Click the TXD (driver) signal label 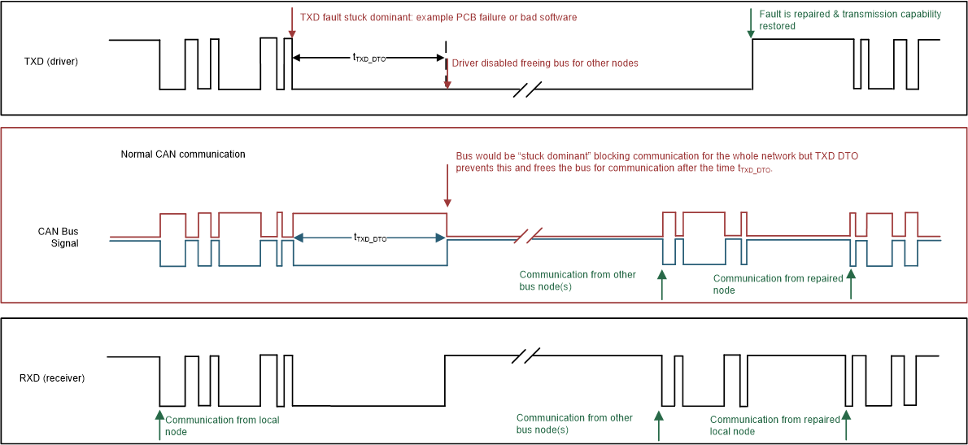pos(51,61)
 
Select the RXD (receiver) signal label pos(52,378)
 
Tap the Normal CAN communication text pos(183,155)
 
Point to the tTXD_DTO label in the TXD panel pos(368,58)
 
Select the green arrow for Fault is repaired pos(750,23)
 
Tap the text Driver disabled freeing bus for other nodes pos(544,63)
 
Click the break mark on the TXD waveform pos(527,89)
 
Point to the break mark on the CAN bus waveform pos(527,237)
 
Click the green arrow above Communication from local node pos(159,424)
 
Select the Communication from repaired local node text pos(774,425)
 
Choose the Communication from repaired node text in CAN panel pos(778,284)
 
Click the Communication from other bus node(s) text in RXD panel pos(574,424)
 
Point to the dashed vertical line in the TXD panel pos(445,61)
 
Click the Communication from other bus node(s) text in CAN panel pos(578,281)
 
